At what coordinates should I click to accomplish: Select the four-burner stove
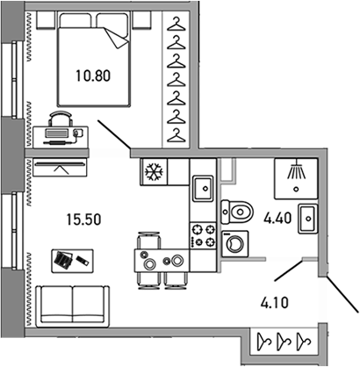pyautogui.click(x=204, y=234)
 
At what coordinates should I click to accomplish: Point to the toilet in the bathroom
pyautogui.click(x=236, y=210)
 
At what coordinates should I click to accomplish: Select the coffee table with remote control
pyautogui.click(x=69, y=260)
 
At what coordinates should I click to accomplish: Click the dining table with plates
pyautogui.click(x=161, y=260)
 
